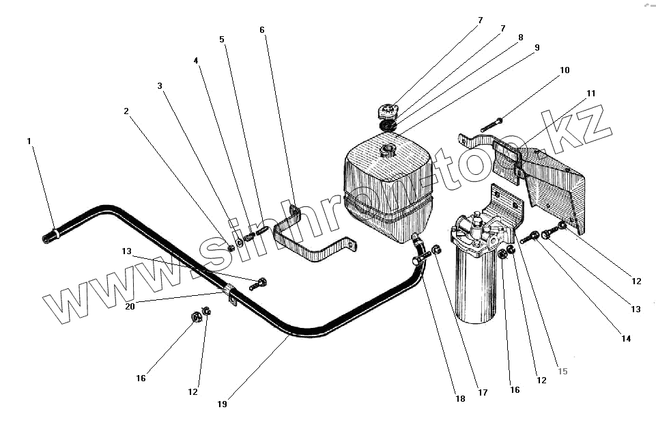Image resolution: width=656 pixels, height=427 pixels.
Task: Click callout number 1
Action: tap(29, 141)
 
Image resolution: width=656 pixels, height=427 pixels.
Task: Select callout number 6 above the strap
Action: tap(262, 30)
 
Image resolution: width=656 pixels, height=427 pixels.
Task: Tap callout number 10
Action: tap(565, 70)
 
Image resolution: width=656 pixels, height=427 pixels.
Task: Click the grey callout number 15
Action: tap(562, 372)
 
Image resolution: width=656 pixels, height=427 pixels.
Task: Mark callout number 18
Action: tap(461, 399)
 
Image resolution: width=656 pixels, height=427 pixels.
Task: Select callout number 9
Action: tap(537, 48)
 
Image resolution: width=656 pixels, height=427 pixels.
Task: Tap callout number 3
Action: tap(160, 86)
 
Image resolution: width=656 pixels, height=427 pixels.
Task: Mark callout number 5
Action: tap(222, 40)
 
